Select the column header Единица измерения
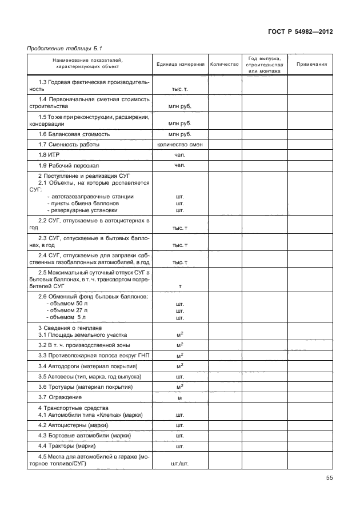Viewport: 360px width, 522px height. (x=181, y=64)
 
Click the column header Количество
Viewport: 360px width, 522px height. (x=224, y=64)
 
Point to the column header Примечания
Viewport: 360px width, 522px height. (x=311, y=64)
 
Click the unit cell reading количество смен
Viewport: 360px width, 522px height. (x=180, y=145)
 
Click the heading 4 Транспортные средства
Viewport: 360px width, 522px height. (x=73, y=408)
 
